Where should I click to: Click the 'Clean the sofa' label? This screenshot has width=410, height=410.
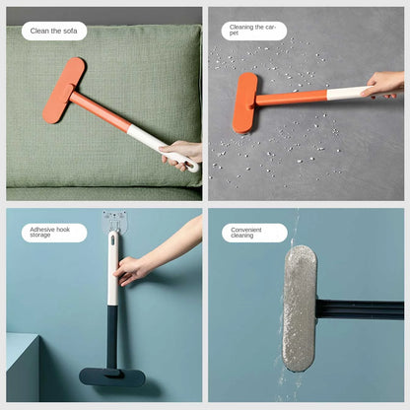[x=52, y=31]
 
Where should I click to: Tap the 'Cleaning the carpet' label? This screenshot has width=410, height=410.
[x=253, y=31]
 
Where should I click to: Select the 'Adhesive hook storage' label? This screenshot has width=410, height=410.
[x=52, y=234]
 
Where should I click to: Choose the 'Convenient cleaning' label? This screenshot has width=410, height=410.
[x=253, y=234]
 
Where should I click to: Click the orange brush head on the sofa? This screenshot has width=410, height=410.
[x=62, y=90]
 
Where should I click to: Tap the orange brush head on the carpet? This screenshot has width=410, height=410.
[x=243, y=102]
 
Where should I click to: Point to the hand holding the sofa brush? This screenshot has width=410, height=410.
[x=181, y=153]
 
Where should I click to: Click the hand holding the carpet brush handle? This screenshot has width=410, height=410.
[x=384, y=85]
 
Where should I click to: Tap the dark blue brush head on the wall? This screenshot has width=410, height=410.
[x=111, y=376]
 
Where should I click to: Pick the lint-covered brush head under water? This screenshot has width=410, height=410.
[x=300, y=307]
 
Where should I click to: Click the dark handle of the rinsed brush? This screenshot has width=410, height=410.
[x=360, y=309]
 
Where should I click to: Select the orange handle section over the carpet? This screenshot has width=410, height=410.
[x=292, y=98]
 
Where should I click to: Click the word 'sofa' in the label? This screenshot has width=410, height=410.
[x=68, y=31]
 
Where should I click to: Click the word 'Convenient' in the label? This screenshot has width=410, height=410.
[x=246, y=229]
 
